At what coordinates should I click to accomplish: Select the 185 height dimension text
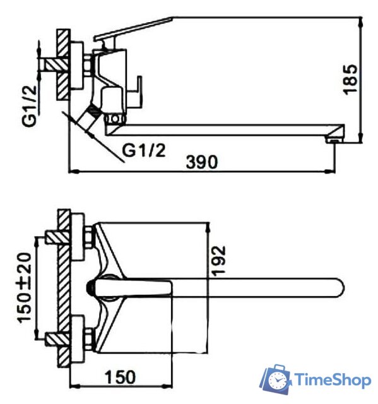(351, 79)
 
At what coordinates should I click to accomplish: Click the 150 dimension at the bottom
(120, 377)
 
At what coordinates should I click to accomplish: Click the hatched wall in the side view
(62, 63)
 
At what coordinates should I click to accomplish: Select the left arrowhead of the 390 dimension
(72, 170)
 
